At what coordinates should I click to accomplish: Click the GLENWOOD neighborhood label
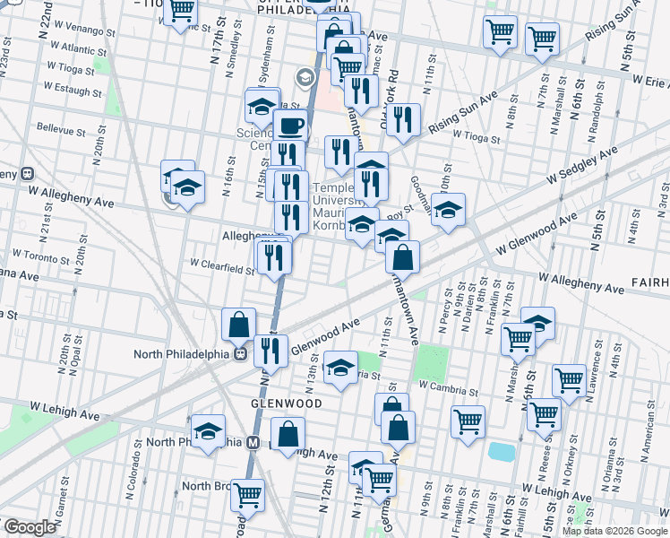286,403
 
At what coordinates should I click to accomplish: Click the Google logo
30,527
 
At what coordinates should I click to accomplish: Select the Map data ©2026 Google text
614,531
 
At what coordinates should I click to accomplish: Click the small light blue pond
502,451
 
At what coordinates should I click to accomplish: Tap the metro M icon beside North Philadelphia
253,442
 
